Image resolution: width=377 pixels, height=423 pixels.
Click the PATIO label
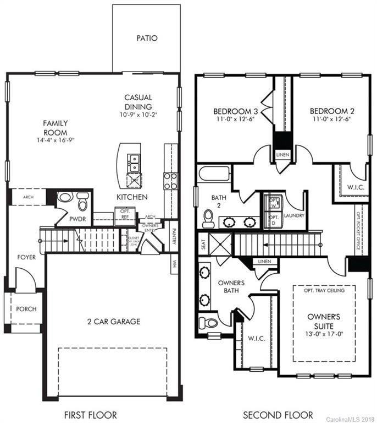(147, 39)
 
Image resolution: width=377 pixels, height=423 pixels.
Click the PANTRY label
(174, 236)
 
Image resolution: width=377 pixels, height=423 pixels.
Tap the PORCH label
(26, 309)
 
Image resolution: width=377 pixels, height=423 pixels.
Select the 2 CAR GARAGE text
(114, 322)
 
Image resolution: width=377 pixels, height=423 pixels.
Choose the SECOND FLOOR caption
(278, 415)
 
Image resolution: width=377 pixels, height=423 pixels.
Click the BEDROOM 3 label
(236, 110)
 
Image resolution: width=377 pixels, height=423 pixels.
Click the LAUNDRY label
(295, 216)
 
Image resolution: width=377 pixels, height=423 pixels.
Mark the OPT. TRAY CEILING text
(323, 290)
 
